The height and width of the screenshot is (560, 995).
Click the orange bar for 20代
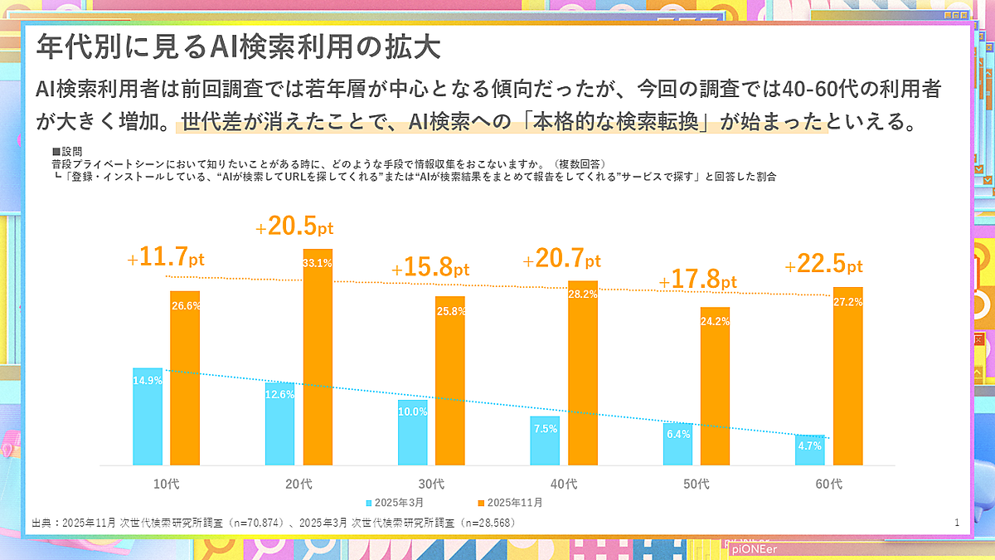click(x=318, y=357)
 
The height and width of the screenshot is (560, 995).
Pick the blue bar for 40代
click(x=545, y=441)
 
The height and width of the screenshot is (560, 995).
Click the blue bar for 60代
click(x=810, y=450)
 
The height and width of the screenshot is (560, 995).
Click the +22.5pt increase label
click(x=823, y=265)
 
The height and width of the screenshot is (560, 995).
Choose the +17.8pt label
click(x=697, y=281)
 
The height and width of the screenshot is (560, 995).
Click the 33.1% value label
click(x=318, y=264)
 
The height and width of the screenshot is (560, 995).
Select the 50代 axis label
click(x=696, y=483)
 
